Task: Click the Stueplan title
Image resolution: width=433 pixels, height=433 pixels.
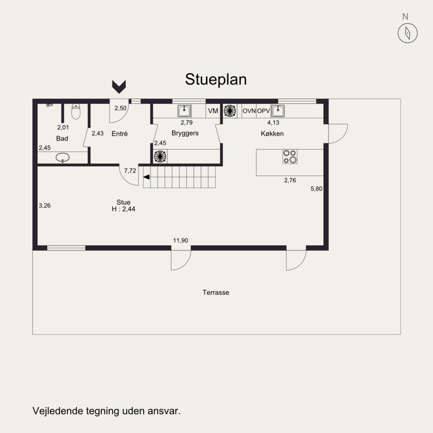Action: [x=215, y=80]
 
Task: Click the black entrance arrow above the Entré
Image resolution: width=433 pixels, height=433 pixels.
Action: [x=119, y=87]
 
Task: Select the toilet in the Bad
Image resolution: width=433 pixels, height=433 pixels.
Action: [x=76, y=111]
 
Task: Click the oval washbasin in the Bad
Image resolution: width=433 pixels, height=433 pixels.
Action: [x=62, y=158]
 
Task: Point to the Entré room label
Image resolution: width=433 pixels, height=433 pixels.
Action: [x=120, y=134]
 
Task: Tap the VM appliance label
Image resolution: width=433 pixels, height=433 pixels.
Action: [x=213, y=111]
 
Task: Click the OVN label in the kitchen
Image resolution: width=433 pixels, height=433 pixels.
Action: [x=249, y=111]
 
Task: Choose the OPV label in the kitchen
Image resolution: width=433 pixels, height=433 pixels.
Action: [x=264, y=111]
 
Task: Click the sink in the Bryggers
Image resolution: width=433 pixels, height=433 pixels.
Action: [x=184, y=111]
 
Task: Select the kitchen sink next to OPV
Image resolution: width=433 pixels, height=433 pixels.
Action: [x=278, y=111]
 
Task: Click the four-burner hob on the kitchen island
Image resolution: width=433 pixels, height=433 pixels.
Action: [x=290, y=156]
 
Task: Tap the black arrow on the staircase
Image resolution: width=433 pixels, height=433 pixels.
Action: [x=146, y=177]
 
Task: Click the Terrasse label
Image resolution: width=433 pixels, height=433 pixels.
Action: [x=215, y=292]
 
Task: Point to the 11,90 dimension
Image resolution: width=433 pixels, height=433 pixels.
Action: [x=180, y=240]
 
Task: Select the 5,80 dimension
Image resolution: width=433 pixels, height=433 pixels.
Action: [x=317, y=189]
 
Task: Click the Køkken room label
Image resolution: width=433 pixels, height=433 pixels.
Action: [x=272, y=134]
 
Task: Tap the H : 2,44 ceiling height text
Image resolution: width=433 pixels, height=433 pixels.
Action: [x=123, y=209]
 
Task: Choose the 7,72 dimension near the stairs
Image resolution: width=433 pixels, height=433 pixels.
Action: [x=130, y=170]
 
